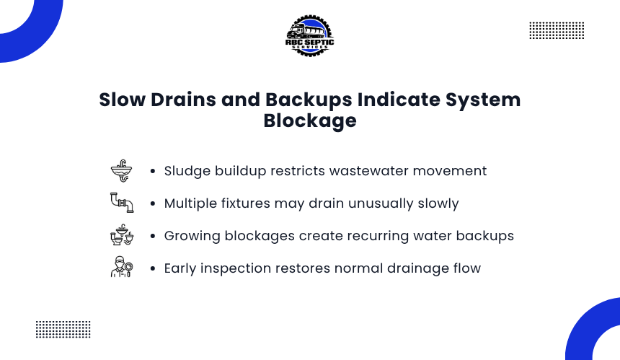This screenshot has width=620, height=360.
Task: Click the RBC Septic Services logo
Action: (x=309, y=36)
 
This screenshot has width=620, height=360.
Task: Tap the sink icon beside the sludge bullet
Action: (x=121, y=171)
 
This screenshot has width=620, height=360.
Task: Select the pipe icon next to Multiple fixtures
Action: (x=122, y=203)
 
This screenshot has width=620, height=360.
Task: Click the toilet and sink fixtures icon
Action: (x=122, y=235)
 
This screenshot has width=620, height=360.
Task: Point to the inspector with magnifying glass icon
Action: (x=122, y=267)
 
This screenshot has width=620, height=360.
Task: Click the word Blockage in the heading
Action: (x=310, y=120)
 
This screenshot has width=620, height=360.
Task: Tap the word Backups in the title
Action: (x=309, y=100)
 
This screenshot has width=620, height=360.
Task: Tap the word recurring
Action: (x=378, y=236)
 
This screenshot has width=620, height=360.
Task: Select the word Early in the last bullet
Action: (x=180, y=268)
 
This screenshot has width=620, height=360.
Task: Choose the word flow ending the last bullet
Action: (x=467, y=268)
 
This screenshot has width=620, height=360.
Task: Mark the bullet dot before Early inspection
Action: (x=153, y=268)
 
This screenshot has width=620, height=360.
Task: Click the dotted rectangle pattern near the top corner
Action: (x=557, y=30)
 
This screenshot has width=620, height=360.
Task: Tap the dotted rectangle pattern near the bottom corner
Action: (x=63, y=330)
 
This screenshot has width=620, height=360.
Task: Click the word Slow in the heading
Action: (x=122, y=100)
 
